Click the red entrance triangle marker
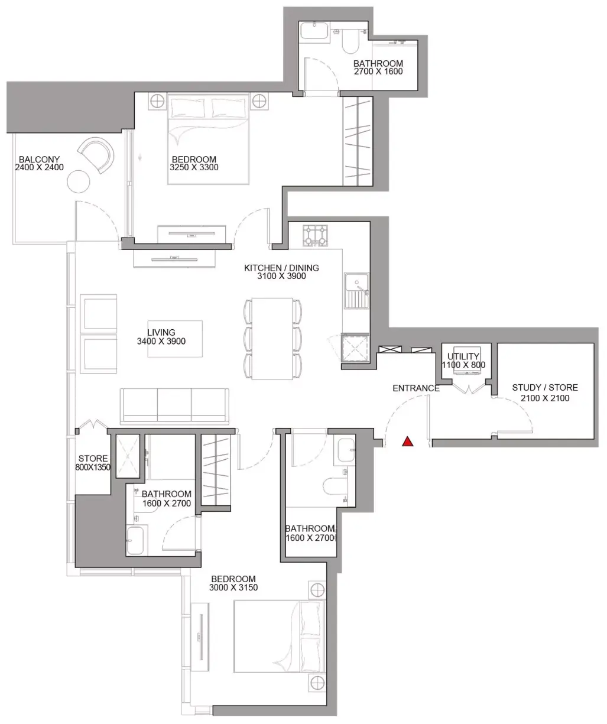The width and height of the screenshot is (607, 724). click(408, 441)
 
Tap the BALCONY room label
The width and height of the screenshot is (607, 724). click(39, 160)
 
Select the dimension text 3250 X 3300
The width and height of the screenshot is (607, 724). click(194, 167)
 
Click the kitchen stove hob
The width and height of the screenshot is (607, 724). click(315, 235)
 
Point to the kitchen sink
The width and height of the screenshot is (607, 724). click(356, 291)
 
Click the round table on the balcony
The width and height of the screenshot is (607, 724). click(79, 181)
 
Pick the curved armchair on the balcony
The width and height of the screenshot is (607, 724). click(96, 155)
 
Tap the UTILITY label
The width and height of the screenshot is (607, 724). click(463, 356)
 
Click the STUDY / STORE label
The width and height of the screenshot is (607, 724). click(545, 387)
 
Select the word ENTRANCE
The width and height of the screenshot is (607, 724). click(416, 388)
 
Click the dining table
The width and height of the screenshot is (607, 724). click(272, 339)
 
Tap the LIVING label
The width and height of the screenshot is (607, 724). click(161, 333)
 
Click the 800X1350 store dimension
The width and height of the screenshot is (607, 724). click(93, 467)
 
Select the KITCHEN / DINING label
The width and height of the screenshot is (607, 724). click(281, 268)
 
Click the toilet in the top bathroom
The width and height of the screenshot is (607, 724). click(350, 43)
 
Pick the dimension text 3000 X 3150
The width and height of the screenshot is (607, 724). click(233, 587)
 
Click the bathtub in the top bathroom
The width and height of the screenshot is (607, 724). click(314, 31)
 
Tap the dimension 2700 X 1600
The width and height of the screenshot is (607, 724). click(378, 72)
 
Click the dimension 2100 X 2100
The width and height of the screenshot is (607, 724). click(545, 398)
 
